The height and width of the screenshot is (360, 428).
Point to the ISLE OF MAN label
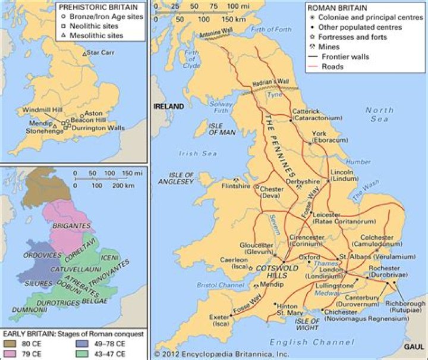222,130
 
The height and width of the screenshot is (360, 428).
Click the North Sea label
379,115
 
